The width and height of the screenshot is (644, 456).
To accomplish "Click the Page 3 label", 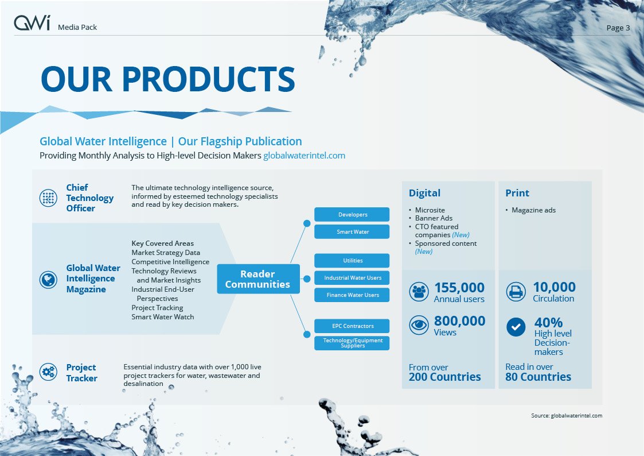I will pos(618,28).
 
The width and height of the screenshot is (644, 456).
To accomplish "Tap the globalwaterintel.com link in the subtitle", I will pos(304,156).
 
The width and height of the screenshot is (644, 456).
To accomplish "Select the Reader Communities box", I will pos(257,279).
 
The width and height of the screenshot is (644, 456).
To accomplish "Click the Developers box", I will pos(353,215).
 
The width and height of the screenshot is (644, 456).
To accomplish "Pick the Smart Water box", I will pos(353,232).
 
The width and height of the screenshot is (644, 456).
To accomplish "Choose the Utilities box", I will pos(353,261).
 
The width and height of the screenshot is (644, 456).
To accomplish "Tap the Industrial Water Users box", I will pos(353,278).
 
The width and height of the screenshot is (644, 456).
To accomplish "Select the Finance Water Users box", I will pos(353,295).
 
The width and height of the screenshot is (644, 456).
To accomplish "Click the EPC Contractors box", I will pos(353,326).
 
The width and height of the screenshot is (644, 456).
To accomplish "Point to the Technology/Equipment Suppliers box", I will pos(353,343).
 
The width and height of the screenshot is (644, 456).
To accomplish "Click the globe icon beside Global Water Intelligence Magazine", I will pos(48,280).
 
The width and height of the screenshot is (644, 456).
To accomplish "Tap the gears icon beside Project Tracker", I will pos(48,372).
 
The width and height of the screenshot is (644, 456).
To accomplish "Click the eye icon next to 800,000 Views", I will pos(419,326).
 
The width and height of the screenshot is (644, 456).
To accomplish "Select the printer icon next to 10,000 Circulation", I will pos(516,292).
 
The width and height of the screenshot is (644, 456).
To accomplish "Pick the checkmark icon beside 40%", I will pos(516,327).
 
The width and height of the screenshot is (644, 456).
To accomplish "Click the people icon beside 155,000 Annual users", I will pos(419,292).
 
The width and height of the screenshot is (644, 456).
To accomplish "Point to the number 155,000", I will pos(459,287).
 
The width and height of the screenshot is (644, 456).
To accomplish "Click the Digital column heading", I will pos(424,193).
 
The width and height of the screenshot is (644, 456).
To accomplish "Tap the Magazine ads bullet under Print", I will pos(533,210).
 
